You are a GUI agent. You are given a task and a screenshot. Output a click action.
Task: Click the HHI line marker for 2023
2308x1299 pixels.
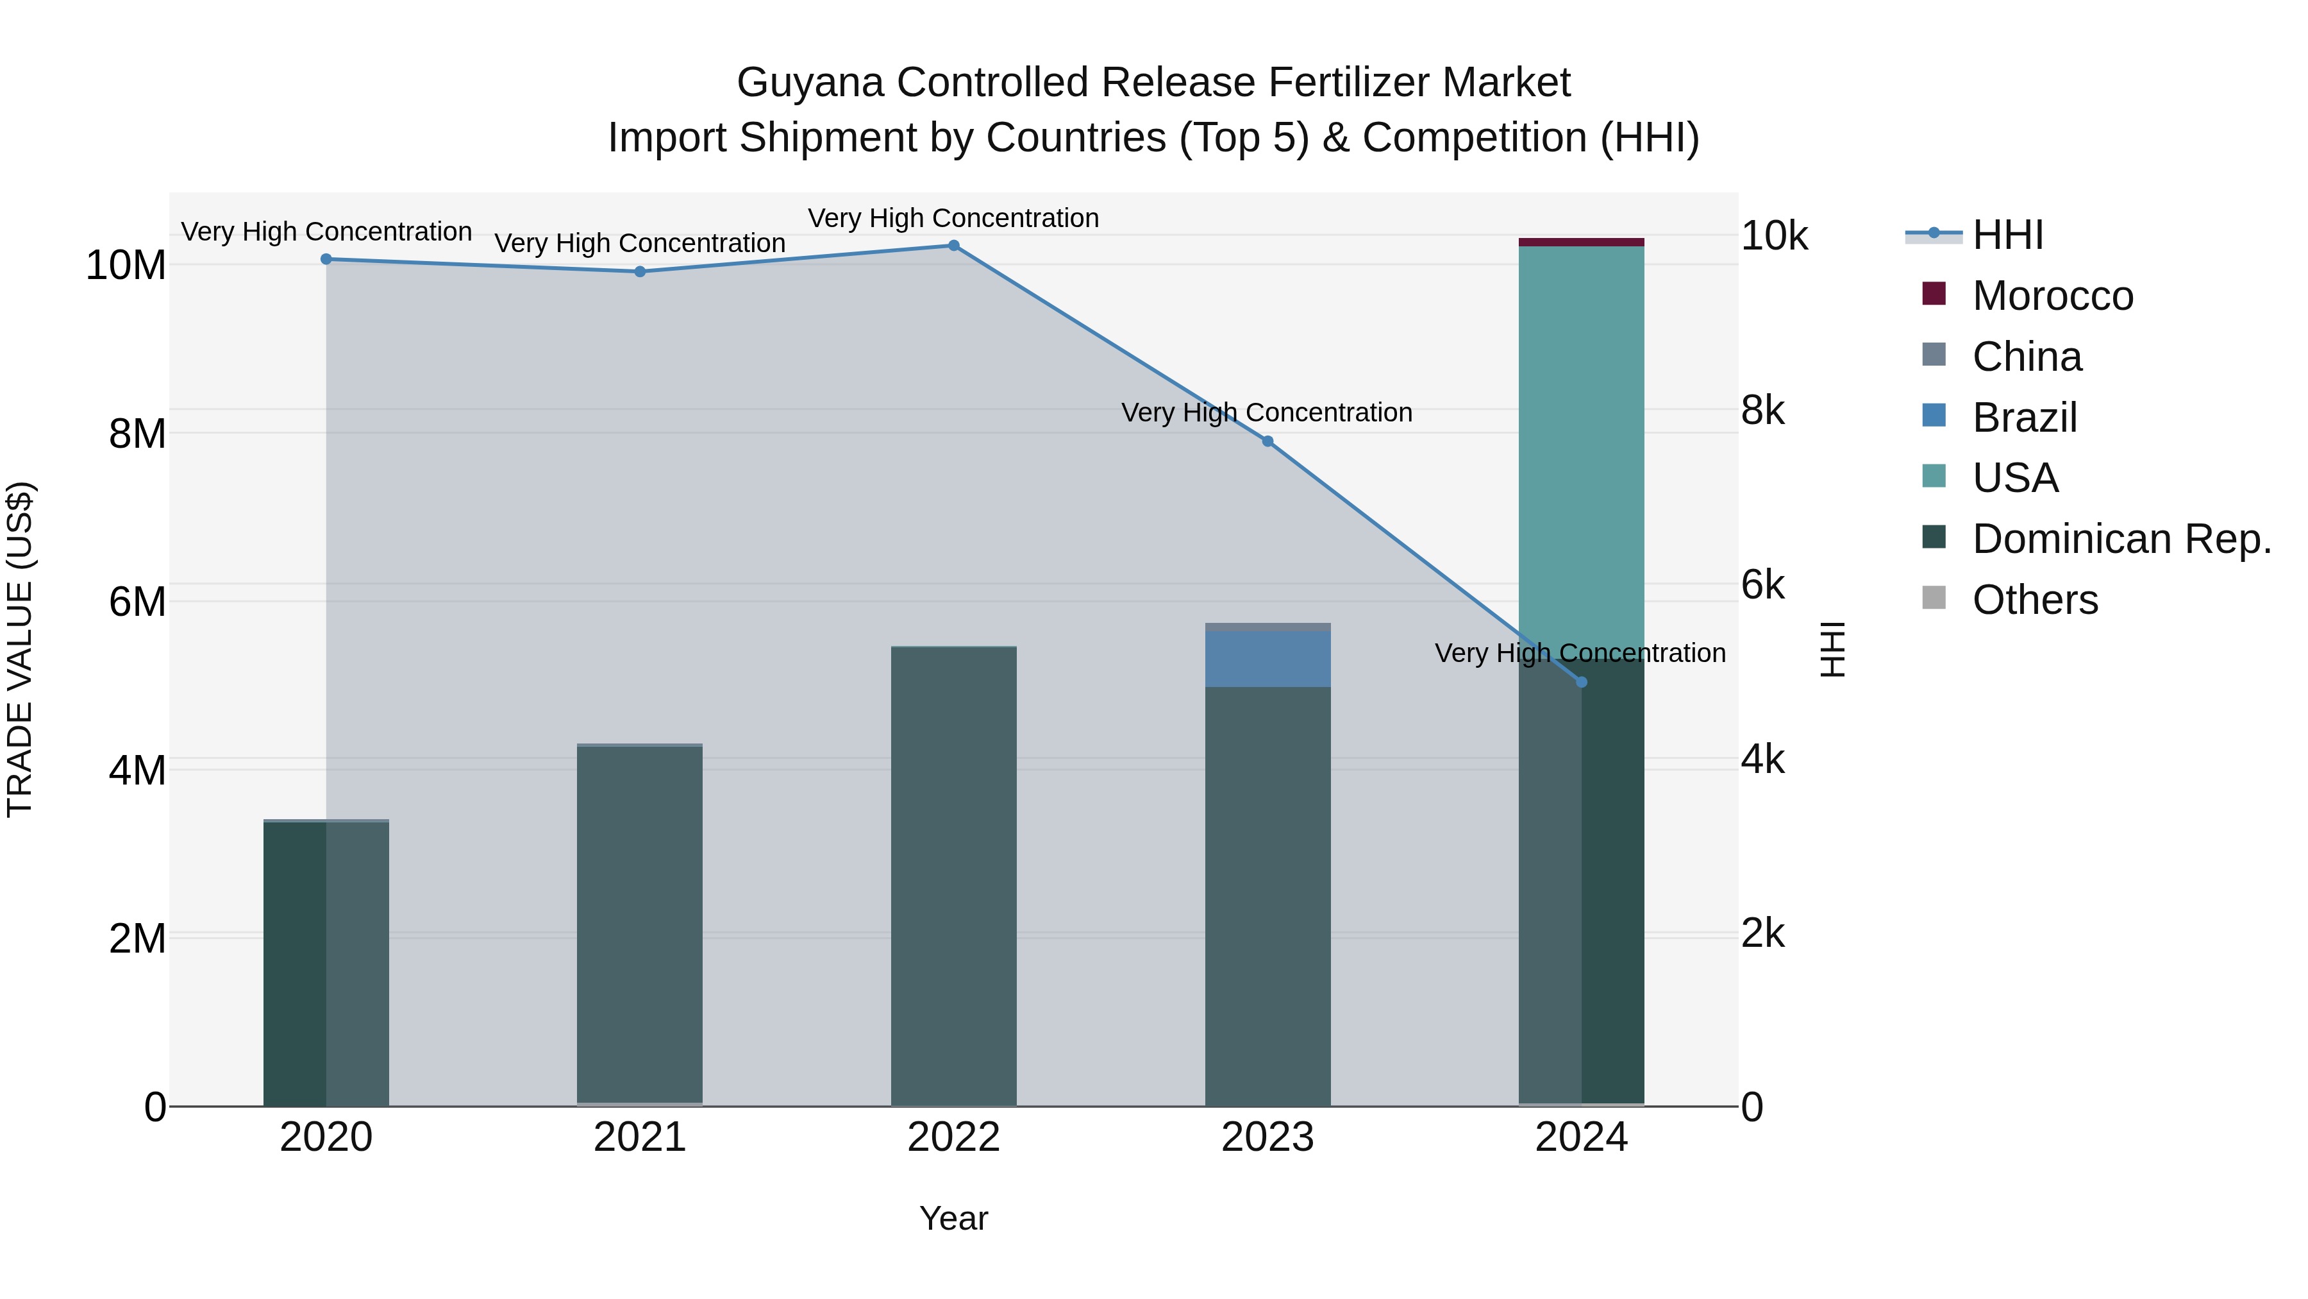click(1267, 441)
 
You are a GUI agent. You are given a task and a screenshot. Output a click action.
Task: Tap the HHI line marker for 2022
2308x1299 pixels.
click(953, 246)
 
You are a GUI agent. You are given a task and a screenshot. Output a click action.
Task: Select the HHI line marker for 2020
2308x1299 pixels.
click(326, 259)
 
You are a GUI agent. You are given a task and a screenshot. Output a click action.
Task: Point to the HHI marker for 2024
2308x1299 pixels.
click(1582, 683)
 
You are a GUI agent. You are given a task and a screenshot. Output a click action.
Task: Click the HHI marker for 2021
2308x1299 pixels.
click(640, 271)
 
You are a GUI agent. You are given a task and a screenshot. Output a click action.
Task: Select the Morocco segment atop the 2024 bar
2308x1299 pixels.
click(1582, 242)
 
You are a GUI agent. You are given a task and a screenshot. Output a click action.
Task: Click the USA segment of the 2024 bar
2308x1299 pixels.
click(1582, 448)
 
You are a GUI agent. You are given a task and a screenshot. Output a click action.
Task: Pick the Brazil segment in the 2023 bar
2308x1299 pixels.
click(1267, 659)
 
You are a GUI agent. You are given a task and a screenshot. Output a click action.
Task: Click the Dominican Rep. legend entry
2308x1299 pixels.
click(2121, 539)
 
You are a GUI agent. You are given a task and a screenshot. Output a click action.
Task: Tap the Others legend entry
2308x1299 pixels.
click(2034, 600)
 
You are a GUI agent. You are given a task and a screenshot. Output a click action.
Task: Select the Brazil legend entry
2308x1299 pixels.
click(2024, 418)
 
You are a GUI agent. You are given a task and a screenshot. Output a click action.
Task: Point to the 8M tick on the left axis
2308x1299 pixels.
click(137, 434)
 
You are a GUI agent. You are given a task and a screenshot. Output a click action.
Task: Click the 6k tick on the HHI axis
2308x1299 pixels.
click(1762, 586)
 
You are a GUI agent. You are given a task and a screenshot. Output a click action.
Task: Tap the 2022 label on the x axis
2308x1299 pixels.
click(953, 1137)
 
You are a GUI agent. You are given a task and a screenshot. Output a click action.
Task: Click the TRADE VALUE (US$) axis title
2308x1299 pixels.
click(21, 649)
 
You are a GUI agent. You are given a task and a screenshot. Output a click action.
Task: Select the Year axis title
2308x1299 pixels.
click(953, 1218)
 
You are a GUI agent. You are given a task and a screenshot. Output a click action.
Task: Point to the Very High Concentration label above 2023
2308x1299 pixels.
click(1267, 412)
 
